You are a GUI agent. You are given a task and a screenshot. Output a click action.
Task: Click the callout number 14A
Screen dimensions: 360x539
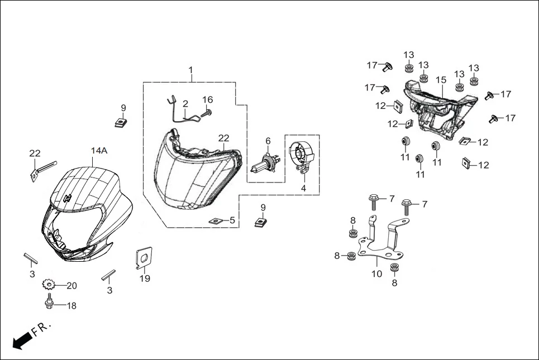click(99, 151)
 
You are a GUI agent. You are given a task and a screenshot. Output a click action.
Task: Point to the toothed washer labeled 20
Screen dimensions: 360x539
click(49, 285)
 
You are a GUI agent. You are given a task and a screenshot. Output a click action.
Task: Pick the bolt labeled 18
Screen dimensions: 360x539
click(49, 304)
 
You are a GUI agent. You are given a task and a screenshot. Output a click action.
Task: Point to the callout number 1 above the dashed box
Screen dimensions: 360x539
click(190, 70)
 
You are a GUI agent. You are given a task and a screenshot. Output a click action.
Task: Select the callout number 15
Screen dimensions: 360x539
click(441, 80)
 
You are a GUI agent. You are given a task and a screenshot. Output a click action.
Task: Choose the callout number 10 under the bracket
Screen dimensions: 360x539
click(377, 274)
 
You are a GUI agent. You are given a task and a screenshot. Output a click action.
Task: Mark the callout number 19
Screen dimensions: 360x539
click(145, 279)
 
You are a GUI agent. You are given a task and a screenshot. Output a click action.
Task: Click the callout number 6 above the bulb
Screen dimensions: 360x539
click(268, 141)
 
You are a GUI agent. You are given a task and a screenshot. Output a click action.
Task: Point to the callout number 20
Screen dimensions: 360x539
click(71, 286)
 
